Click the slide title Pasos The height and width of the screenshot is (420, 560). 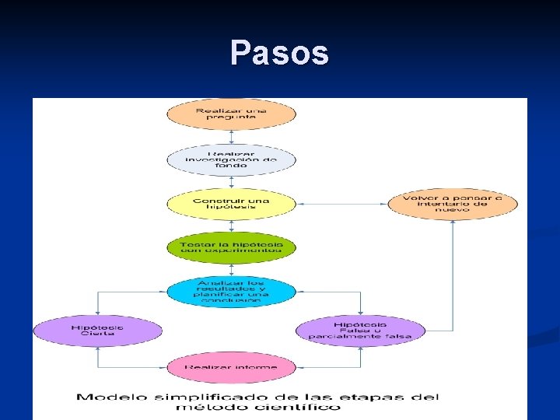(x=279, y=54)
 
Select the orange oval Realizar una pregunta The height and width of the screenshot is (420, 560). (x=232, y=114)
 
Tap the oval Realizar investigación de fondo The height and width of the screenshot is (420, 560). (x=232, y=159)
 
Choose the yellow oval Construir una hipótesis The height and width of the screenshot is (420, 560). (x=232, y=204)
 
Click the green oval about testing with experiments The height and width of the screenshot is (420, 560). (x=232, y=247)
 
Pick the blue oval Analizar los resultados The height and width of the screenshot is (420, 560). (x=232, y=292)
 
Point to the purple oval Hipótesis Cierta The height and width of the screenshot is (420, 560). (x=97, y=331)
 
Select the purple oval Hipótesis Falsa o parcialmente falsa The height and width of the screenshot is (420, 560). (x=360, y=330)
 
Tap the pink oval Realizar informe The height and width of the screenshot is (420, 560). (x=232, y=367)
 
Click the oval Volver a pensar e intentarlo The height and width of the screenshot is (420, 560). (x=453, y=204)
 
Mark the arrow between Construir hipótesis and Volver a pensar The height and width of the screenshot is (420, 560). (x=342, y=204)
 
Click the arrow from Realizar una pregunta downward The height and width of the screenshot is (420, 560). (x=232, y=137)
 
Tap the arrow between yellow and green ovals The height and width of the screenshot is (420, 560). (x=232, y=226)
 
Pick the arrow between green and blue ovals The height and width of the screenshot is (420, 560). (x=232, y=269)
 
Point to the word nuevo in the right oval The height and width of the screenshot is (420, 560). (x=453, y=210)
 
